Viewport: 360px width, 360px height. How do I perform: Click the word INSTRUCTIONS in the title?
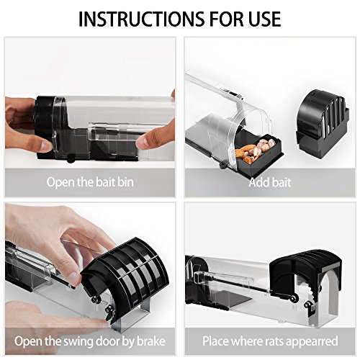141,19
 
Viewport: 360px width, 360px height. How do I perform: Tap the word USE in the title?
265,19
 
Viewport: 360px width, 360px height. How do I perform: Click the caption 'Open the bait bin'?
90,182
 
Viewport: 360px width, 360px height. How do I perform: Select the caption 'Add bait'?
270,182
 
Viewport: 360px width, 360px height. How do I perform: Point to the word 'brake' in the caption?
151,341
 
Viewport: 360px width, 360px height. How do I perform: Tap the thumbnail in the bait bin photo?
45,146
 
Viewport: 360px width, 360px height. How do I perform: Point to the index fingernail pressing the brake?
73,277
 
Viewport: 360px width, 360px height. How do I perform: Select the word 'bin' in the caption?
125,182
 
